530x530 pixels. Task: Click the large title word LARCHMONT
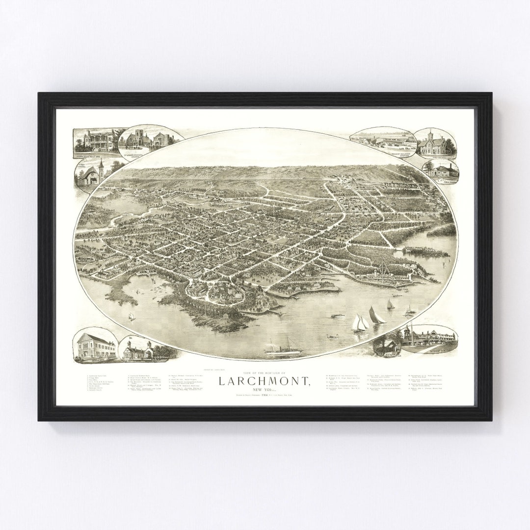(264, 380)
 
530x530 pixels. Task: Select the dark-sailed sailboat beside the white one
(376, 315)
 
